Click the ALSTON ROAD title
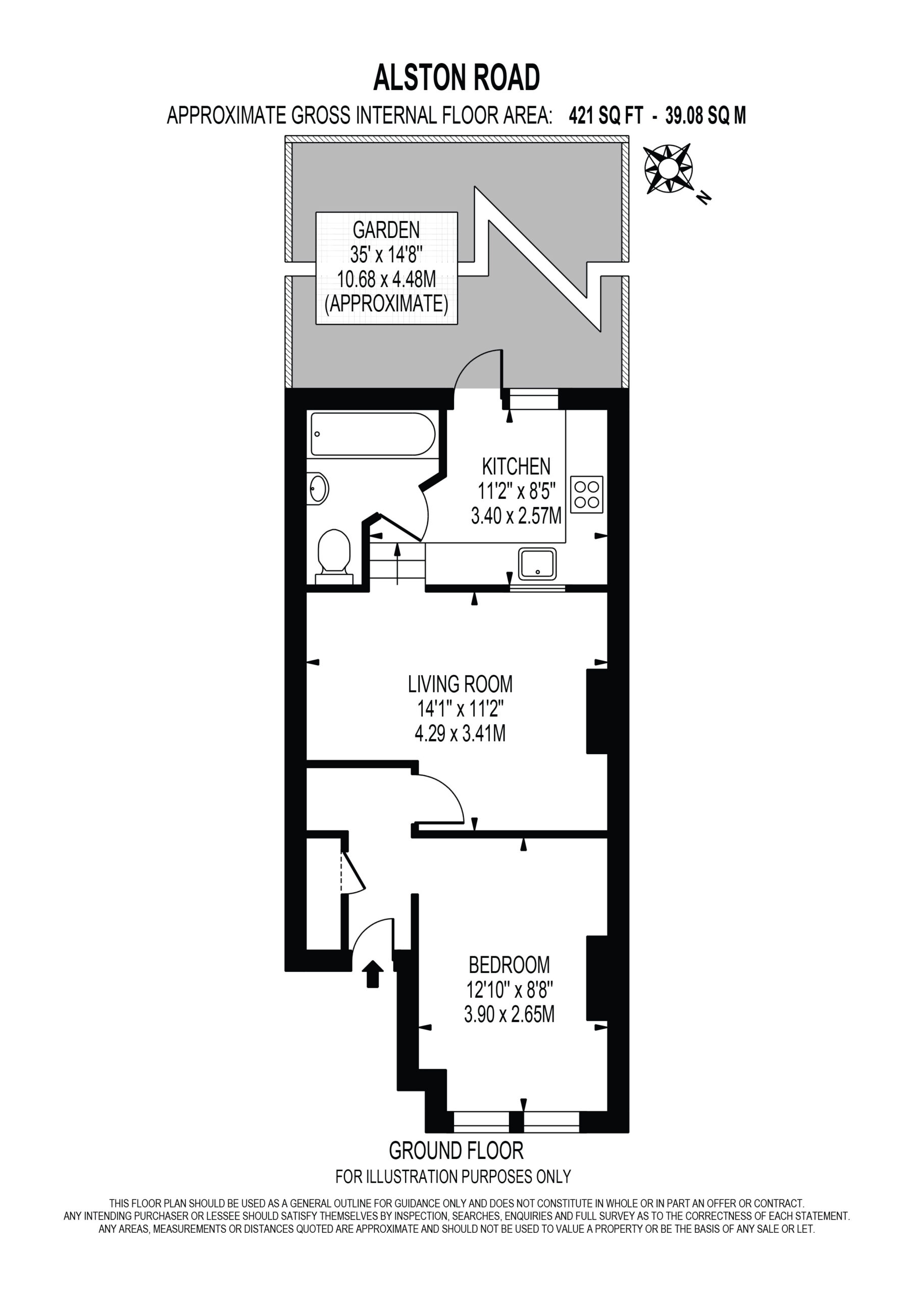click(456, 78)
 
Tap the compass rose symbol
click(669, 169)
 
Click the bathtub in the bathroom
click(373, 434)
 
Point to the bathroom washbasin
click(318, 489)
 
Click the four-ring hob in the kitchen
click(587, 495)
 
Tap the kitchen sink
click(538, 564)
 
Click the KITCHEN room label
click(517, 467)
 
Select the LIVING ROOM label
click(461, 684)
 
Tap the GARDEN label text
click(386, 230)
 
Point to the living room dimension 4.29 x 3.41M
click(460, 733)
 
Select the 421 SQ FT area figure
click(606, 116)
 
